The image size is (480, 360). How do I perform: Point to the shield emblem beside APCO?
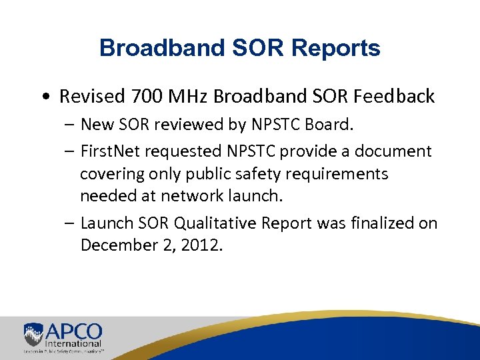pyautogui.click(x=33, y=334)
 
